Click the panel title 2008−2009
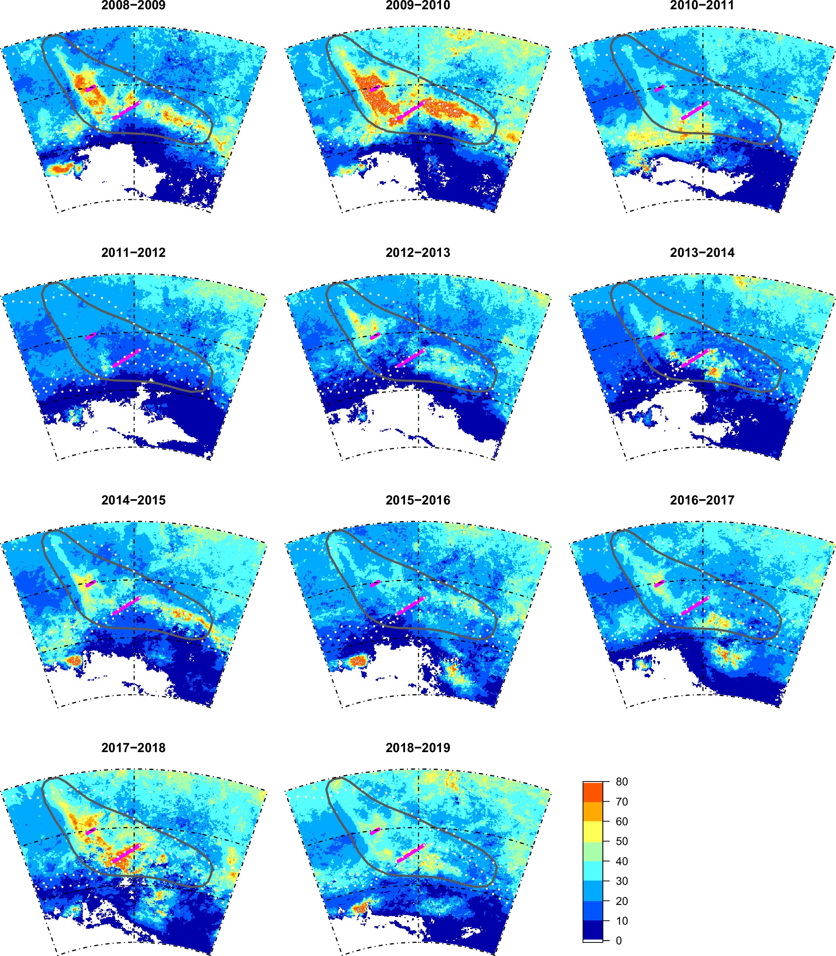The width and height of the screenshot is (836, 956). pos(133,5)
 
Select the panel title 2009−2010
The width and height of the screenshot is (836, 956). pos(417,5)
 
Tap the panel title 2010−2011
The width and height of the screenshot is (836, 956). pos(702,5)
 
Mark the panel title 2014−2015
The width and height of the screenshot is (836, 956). pos(133,500)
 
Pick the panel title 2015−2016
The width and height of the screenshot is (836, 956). pos(417,500)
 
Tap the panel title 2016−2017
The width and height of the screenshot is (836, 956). pos(702,500)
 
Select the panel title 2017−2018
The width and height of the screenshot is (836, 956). pos(133,747)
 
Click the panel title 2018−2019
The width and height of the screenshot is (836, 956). pos(417,747)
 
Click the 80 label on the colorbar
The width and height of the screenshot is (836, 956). pos(621,782)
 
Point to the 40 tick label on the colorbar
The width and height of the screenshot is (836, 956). pos(621,861)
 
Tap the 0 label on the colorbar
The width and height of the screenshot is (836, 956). pos(619,941)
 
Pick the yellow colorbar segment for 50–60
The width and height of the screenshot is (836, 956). pos(593,831)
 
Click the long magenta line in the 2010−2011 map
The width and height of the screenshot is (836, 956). pos(695,111)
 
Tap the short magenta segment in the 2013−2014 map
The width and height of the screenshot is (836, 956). pos(659,336)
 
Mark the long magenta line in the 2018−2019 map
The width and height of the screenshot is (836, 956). pos(410,853)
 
